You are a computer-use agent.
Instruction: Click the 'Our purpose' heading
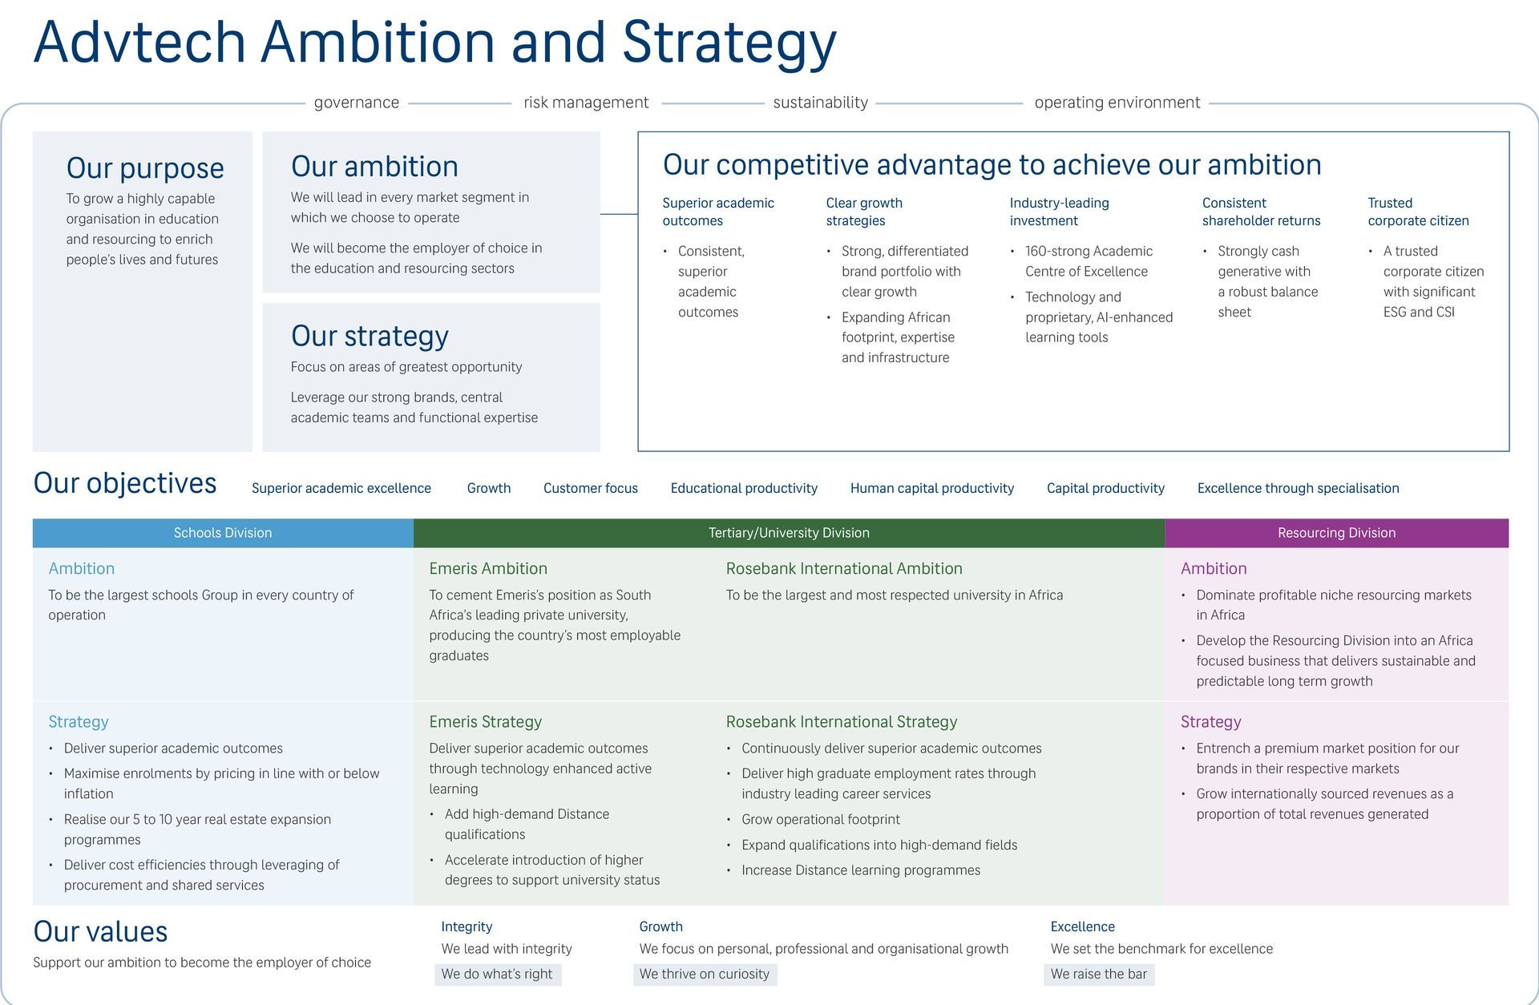[145, 168]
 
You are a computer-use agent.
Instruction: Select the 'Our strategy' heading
[370, 336]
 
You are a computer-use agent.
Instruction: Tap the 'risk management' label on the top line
[586, 103]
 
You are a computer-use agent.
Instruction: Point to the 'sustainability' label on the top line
[820, 103]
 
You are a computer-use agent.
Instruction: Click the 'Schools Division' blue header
[223, 533]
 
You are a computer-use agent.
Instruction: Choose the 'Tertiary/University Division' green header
[789, 533]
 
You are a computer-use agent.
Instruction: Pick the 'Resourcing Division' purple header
[1336, 533]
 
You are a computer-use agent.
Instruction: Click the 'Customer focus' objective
[591, 488]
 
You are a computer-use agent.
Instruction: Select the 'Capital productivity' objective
[1105, 488]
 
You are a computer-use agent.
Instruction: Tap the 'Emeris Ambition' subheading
[488, 568]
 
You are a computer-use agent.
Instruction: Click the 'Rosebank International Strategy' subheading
[842, 721]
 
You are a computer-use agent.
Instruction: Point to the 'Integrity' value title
[467, 926]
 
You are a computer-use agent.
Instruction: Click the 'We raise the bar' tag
[1098, 974]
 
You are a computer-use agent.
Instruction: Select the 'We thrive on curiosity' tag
[705, 974]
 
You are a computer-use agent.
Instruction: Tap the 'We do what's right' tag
[497, 974]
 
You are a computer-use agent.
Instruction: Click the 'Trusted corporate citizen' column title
[1418, 212]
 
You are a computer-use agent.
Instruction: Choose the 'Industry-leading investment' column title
[1059, 212]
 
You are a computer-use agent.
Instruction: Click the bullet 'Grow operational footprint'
[821, 819]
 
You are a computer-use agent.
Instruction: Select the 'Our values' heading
[100, 931]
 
